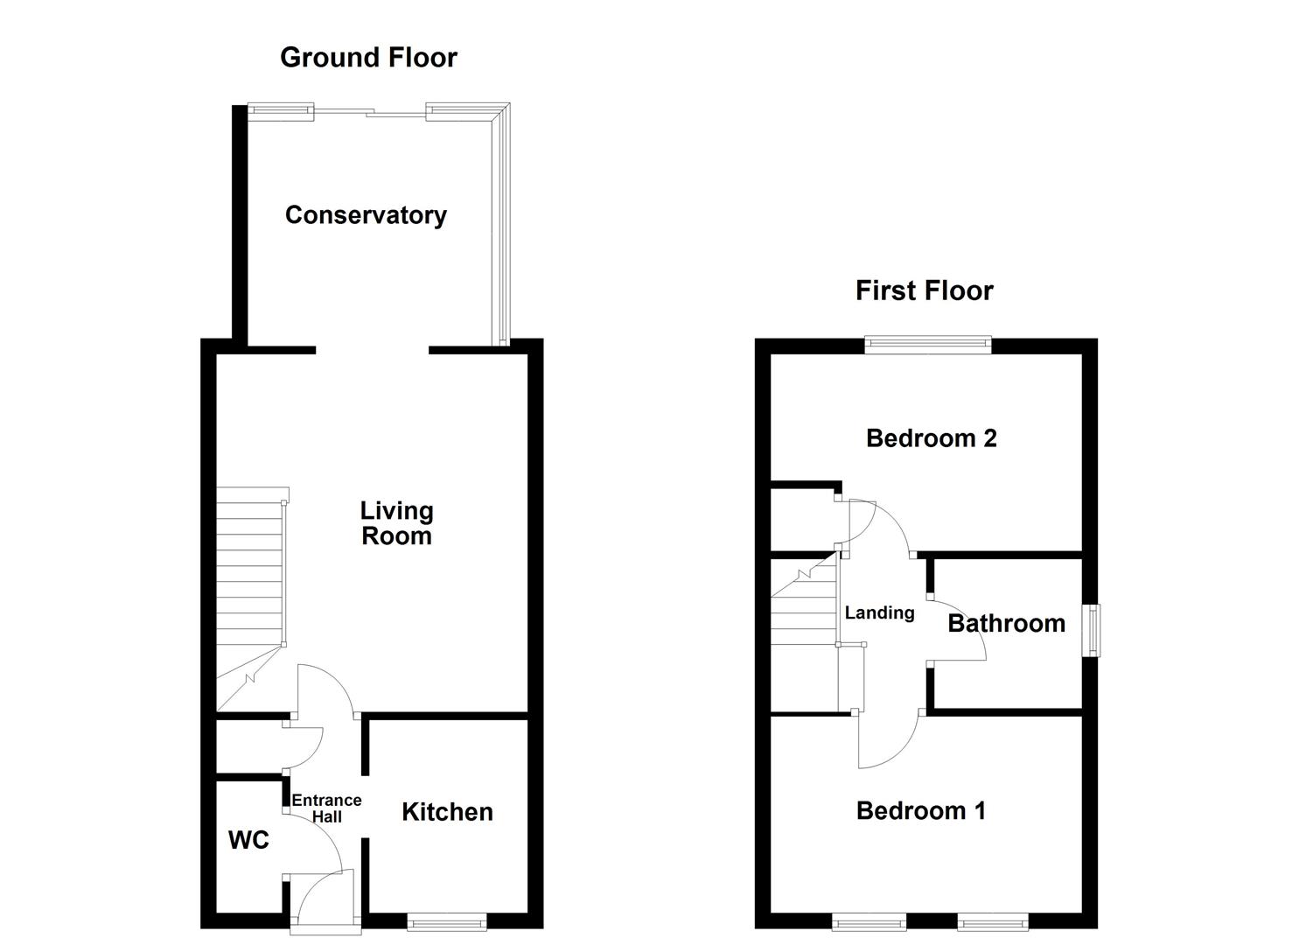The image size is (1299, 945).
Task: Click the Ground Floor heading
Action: [368, 58]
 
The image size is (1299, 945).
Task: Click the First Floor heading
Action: [924, 290]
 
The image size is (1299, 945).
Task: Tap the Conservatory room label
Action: [366, 215]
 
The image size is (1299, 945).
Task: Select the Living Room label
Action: [396, 523]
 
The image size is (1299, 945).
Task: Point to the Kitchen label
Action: [447, 812]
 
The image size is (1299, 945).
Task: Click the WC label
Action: [248, 841]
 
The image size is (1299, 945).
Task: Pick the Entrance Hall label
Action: [326, 808]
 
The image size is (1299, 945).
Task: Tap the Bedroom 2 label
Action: [931, 438]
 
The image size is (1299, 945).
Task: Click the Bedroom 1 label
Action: [920, 811]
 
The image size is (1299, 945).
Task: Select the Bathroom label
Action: [1006, 624]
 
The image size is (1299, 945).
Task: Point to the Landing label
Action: [879, 613]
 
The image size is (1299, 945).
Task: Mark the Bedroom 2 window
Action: [927, 346]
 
